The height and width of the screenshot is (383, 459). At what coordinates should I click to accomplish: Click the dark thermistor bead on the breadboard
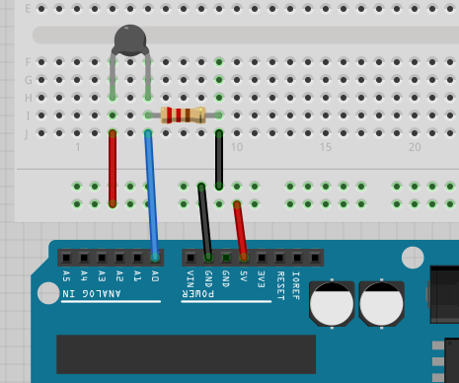click(x=130, y=39)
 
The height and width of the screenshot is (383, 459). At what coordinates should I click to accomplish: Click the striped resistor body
click(x=183, y=115)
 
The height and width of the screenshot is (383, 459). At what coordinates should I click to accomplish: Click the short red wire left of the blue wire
click(x=113, y=168)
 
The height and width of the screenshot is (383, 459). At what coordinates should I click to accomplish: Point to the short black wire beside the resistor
click(x=218, y=158)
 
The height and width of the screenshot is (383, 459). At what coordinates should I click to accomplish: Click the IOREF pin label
click(x=296, y=282)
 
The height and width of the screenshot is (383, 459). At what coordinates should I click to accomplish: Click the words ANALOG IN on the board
click(x=92, y=294)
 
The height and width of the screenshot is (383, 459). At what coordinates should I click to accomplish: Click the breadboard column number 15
click(x=326, y=147)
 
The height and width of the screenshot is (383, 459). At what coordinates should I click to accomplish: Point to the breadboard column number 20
click(x=416, y=147)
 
